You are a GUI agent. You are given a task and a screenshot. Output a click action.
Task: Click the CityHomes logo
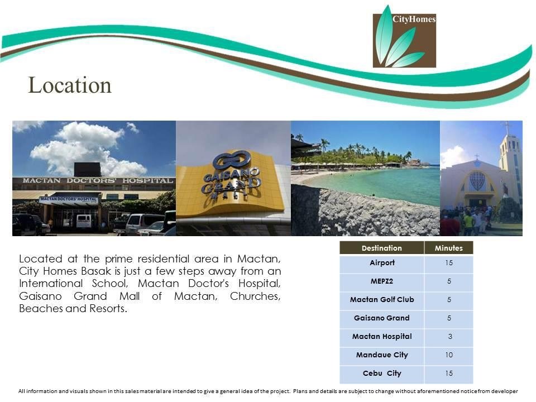[404, 36]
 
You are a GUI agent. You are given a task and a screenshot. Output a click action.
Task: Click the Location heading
[70, 85]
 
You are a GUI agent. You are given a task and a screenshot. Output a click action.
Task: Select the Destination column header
[382, 248]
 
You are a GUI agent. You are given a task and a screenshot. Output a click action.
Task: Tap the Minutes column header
[449, 248]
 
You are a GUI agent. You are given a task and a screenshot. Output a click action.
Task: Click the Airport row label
[382, 263]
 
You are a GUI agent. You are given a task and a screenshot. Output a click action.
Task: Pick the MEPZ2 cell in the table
[382, 281]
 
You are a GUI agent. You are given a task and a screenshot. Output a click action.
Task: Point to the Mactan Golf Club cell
[382, 300]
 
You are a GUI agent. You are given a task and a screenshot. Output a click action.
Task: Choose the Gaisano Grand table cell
[382, 318]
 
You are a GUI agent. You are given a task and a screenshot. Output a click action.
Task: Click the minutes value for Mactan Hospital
[450, 337]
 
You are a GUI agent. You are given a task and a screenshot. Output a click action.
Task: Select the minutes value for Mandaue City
[449, 355]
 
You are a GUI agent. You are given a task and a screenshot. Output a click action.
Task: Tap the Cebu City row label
[382, 374]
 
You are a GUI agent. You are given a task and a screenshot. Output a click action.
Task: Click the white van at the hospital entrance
[84, 221]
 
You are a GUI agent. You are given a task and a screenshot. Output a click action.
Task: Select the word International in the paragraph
[51, 284]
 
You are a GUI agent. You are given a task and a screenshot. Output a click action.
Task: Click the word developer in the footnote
[505, 391]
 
